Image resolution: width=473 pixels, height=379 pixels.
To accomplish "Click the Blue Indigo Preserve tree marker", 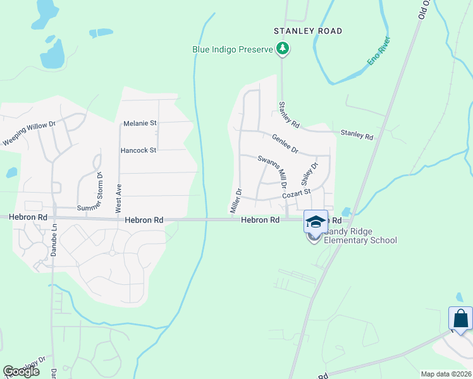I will [x=283, y=49].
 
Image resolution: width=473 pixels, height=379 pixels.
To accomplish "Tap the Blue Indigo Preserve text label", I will [x=233, y=49].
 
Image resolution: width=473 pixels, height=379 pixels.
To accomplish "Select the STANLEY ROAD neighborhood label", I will [x=308, y=31].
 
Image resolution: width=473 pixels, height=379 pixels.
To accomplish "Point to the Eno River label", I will [x=379, y=52].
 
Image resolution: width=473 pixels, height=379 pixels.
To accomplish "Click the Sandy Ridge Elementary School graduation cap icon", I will [x=316, y=222].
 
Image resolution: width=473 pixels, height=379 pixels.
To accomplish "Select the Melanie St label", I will [x=140, y=123].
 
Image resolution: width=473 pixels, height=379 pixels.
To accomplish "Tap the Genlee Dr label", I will [x=285, y=143].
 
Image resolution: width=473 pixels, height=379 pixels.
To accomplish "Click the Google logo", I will [x=21, y=371].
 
